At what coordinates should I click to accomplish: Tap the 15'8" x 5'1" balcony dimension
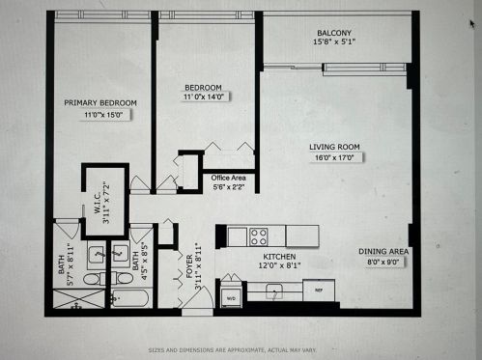(x=331, y=42)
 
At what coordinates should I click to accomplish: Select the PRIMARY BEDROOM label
(x=100, y=102)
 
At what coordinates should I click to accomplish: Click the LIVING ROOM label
(x=333, y=147)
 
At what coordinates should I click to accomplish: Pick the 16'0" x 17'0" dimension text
(x=333, y=158)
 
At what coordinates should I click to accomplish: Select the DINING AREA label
(x=384, y=251)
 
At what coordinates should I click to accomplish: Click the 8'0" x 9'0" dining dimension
(x=384, y=262)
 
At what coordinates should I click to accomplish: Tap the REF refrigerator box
(x=318, y=288)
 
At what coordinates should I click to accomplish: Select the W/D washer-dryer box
(x=232, y=297)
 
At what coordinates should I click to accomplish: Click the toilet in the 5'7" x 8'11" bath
(x=90, y=279)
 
